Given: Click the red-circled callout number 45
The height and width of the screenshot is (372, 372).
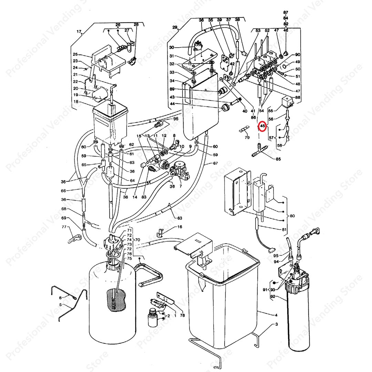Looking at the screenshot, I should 262,126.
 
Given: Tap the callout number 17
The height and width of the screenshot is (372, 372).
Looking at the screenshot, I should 79,32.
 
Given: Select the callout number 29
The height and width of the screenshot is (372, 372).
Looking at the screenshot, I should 175,27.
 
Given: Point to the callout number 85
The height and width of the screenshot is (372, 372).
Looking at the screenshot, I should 278,159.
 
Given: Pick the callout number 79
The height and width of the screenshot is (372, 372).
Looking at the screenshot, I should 247,138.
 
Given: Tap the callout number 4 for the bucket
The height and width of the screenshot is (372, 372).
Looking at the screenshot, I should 276,315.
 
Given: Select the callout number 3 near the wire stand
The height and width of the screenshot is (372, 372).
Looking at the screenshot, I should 276,324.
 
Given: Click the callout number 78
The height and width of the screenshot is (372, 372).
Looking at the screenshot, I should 182,316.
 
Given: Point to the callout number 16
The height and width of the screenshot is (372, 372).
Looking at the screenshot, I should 180,227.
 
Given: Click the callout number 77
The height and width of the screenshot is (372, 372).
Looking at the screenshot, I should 64,227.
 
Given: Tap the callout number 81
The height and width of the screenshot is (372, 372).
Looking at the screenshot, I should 284,230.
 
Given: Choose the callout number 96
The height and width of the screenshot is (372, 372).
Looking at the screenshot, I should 176,119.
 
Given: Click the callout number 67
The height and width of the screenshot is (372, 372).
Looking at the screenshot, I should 216,163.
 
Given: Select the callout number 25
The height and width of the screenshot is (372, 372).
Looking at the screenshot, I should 75,54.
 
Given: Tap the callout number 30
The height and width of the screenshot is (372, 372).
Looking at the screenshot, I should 172,48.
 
